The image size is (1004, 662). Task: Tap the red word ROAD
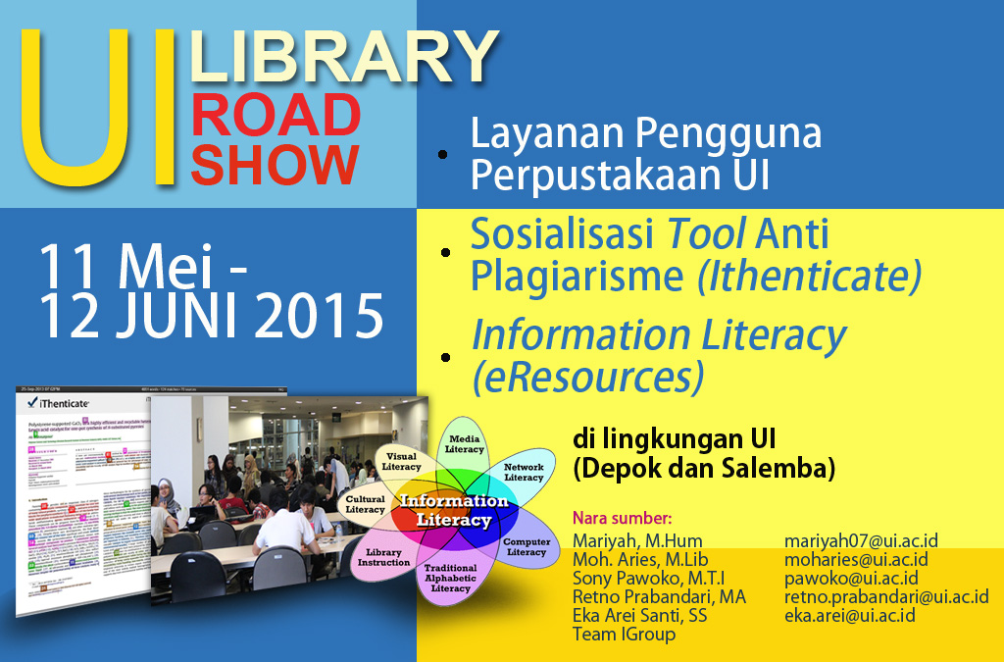click(x=276, y=116)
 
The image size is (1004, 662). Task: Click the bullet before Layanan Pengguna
click(x=443, y=155)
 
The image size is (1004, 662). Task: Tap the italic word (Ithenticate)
click(x=809, y=277)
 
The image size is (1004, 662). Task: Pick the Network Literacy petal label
click(x=524, y=472)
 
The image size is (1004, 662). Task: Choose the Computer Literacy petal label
click(x=527, y=546)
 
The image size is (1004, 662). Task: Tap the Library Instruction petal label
click(x=383, y=556)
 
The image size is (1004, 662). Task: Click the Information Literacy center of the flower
click(x=452, y=510)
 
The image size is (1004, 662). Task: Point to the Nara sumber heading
click(x=622, y=518)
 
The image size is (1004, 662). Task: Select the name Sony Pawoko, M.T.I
click(x=648, y=578)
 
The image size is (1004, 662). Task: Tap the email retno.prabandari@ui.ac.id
click(x=885, y=596)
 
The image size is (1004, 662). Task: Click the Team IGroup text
click(x=624, y=634)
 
